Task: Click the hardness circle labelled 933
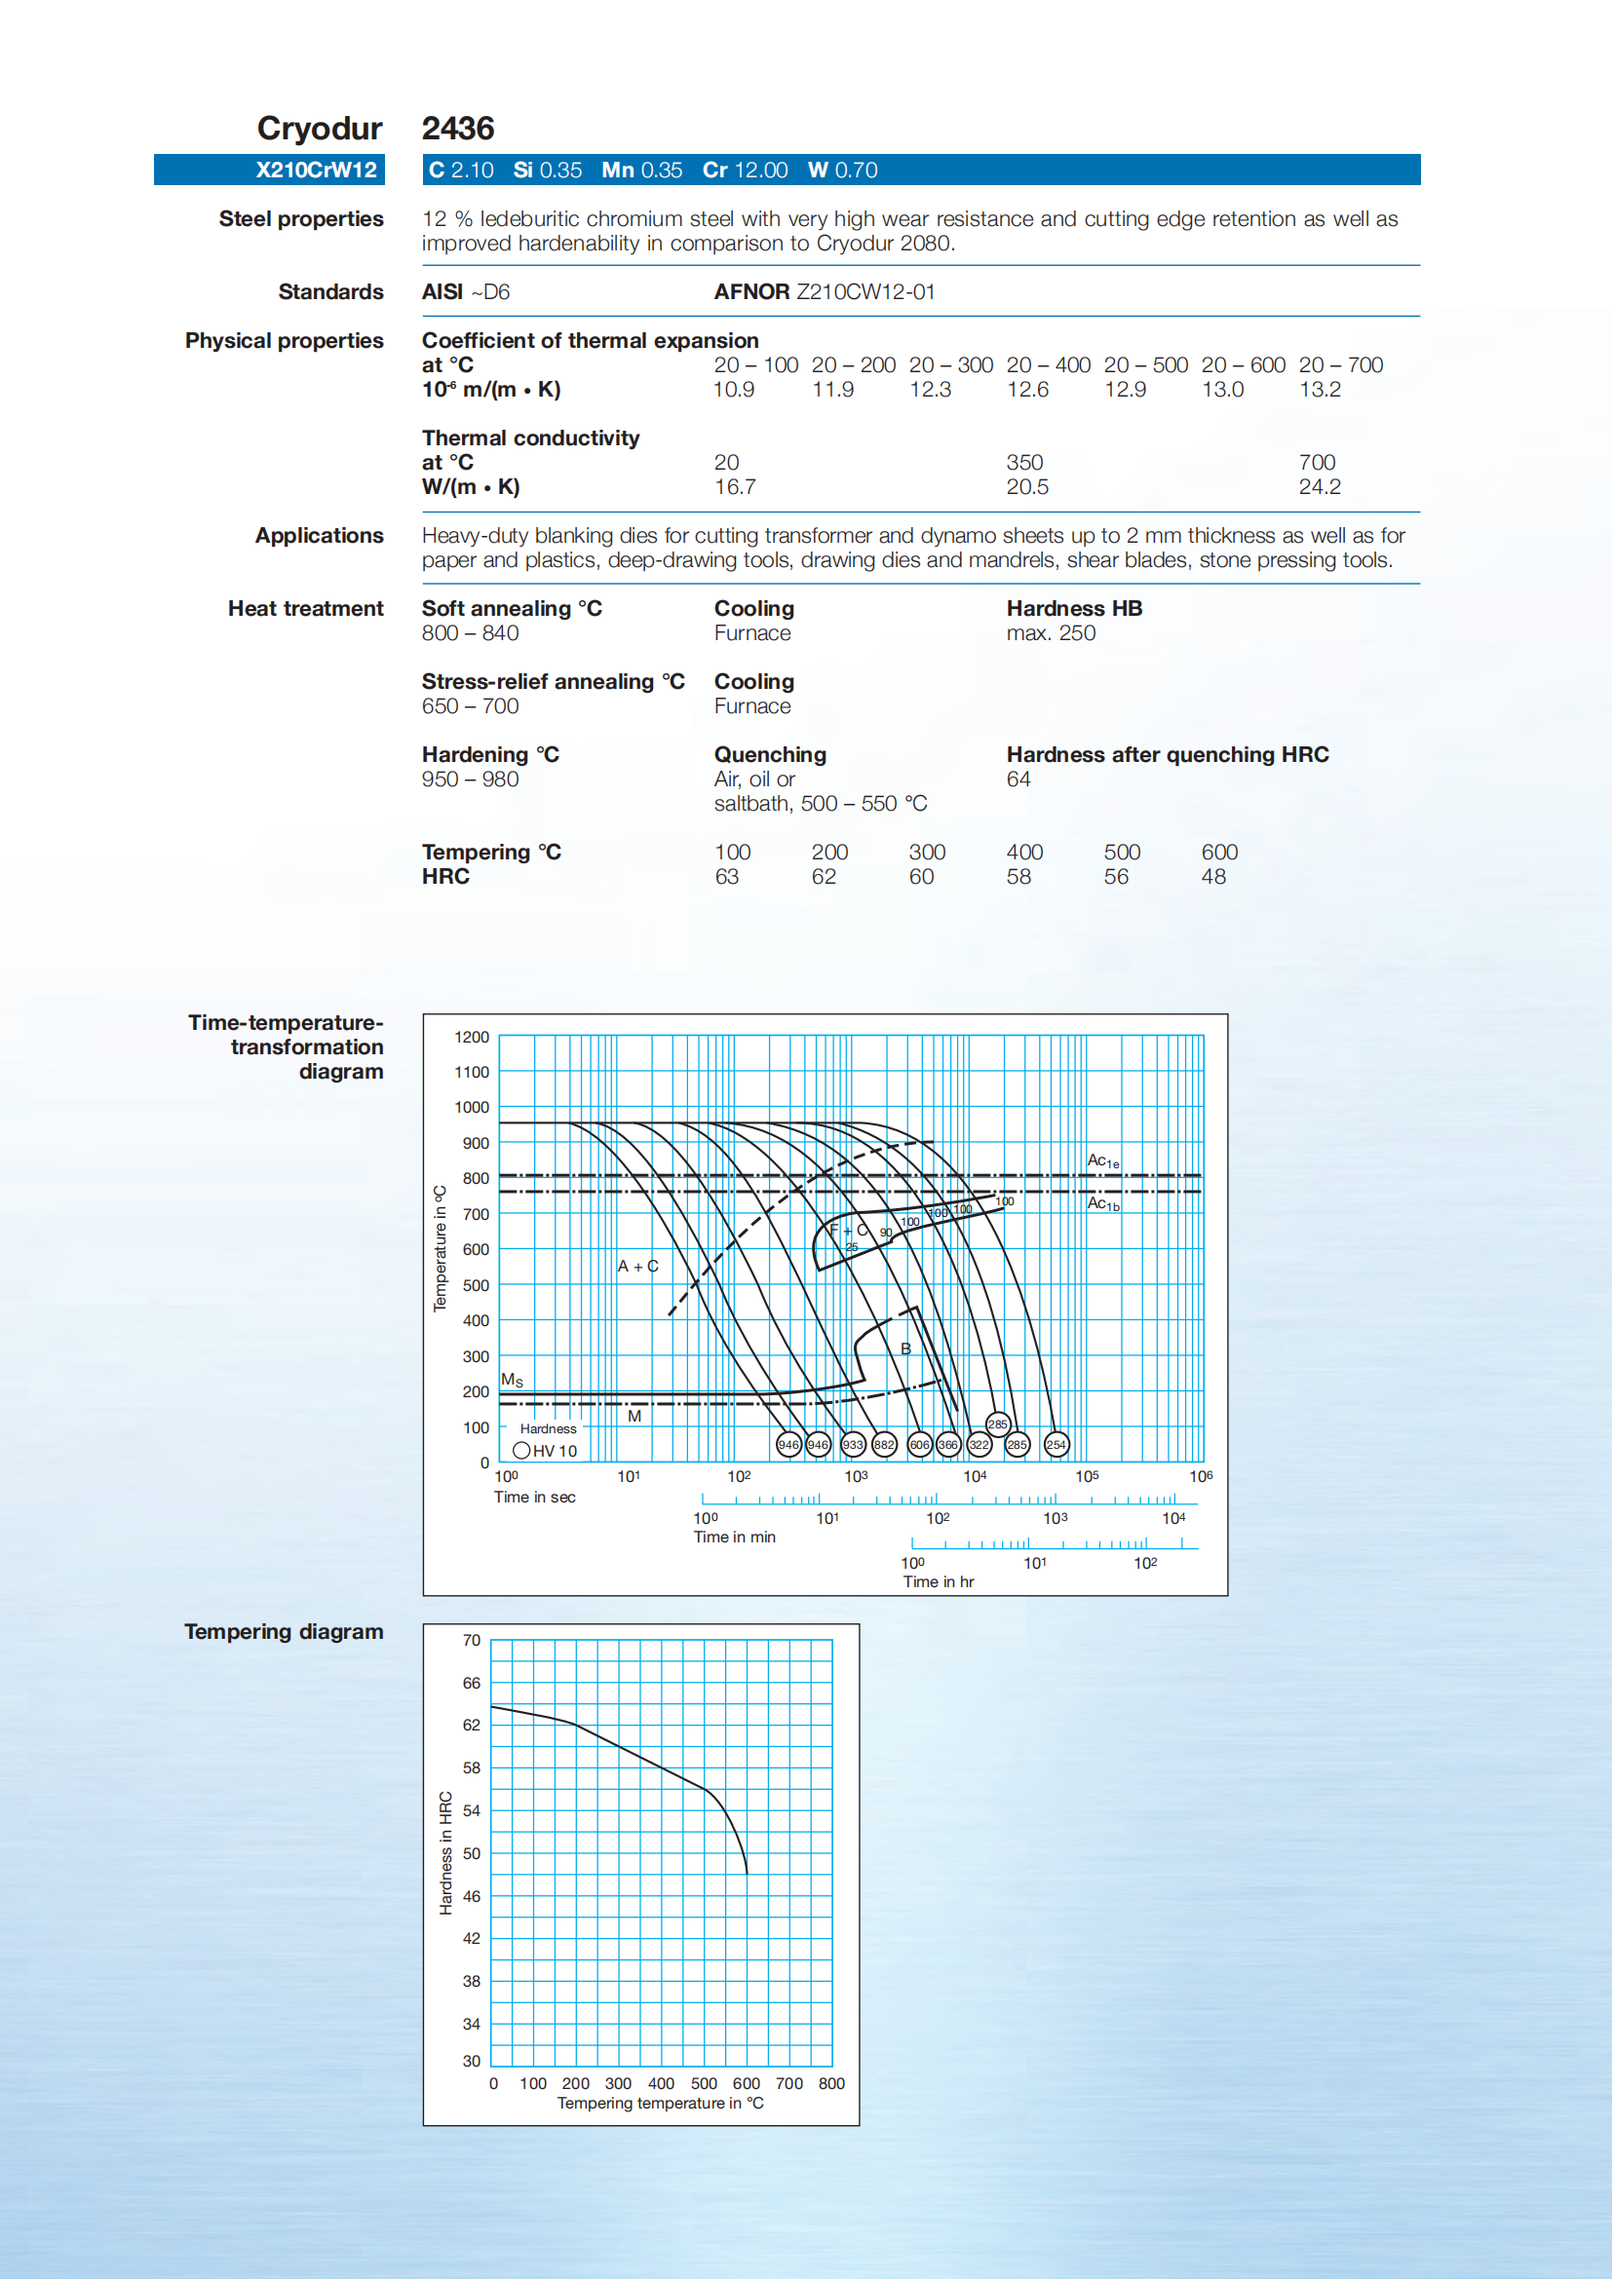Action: [853, 1445]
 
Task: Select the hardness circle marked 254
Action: [1056, 1445]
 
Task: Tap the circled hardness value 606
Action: [920, 1445]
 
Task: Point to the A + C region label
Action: [637, 1266]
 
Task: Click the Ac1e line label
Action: [1102, 1160]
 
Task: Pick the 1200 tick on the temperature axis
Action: [472, 1037]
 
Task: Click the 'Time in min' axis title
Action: [734, 1538]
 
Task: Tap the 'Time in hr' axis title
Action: [938, 1582]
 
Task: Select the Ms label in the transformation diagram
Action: [512, 1381]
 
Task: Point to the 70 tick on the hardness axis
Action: [472, 1641]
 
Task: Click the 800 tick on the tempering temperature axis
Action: [831, 2083]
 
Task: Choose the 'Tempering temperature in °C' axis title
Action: [661, 2104]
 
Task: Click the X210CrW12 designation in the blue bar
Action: [316, 170]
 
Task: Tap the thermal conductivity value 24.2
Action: [1319, 486]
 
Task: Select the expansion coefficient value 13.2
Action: [1319, 390]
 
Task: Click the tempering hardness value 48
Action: [1212, 877]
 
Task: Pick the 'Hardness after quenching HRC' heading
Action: [1167, 755]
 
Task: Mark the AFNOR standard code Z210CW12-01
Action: [865, 292]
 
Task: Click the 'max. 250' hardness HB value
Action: [1051, 633]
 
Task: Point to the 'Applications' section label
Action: [319, 536]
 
